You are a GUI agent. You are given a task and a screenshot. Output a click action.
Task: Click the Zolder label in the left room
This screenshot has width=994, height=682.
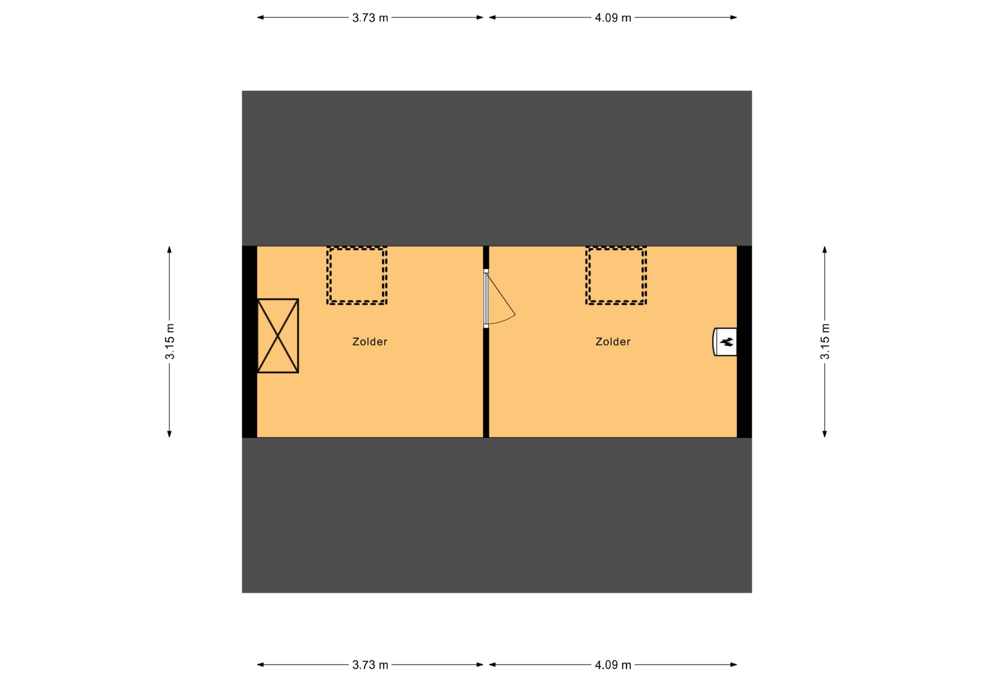(x=370, y=342)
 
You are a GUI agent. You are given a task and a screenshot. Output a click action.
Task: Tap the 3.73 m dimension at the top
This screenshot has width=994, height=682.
(x=370, y=18)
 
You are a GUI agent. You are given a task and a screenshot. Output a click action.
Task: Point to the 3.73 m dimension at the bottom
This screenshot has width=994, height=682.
(x=370, y=665)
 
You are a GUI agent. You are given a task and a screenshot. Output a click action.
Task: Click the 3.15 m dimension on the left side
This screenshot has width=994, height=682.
(x=170, y=341)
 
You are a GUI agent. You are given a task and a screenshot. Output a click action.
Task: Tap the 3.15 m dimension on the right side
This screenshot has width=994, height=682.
(x=825, y=341)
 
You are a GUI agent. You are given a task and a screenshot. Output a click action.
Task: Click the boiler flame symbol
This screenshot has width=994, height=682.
(x=726, y=342)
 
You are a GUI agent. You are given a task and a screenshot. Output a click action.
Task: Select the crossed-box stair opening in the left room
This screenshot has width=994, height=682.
(x=278, y=336)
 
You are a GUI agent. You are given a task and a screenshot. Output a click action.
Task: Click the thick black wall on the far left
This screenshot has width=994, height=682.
(x=249, y=342)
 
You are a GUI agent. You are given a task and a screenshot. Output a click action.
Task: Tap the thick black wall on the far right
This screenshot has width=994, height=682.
(x=744, y=342)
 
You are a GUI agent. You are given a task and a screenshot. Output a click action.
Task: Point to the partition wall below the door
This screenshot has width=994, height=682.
(x=486, y=383)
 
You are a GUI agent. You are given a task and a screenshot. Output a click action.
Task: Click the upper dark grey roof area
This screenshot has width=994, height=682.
(x=497, y=168)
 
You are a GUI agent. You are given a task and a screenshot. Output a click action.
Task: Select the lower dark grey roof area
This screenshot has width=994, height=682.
(x=497, y=515)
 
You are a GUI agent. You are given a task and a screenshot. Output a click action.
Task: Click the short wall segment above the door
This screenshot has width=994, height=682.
(x=486, y=257)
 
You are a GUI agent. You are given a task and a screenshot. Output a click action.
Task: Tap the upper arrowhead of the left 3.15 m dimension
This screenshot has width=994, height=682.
(x=169, y=249)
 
